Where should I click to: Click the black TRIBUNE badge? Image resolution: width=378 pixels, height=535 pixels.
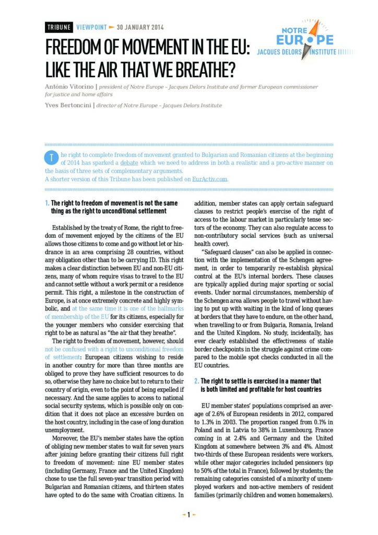click(x=59, y=27)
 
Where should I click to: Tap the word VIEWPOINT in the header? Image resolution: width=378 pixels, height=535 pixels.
click(x=91, y=27)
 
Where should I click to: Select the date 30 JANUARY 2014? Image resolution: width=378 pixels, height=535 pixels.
click(x=140, y=27)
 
